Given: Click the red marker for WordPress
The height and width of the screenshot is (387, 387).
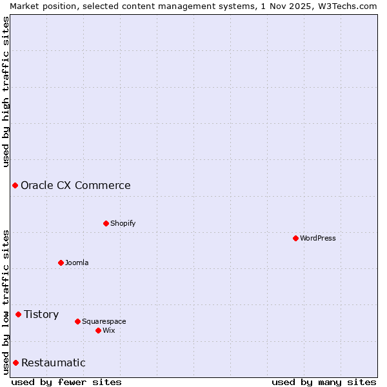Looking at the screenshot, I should point(295,238).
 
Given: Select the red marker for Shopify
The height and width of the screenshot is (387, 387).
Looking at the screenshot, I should point(106,223).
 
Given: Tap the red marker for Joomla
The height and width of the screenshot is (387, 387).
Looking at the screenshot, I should point(61,263).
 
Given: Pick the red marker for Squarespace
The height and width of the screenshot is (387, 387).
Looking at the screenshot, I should point(77,321).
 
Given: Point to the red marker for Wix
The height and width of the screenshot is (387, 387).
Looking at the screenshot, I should point(98,330).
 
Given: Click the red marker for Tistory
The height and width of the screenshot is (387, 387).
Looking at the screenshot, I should point(18,314).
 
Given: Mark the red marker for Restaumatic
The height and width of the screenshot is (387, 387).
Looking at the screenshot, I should point(15,362).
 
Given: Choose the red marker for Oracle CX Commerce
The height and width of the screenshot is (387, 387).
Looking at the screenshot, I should point(15,185).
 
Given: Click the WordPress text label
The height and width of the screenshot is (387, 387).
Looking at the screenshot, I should point(318,238).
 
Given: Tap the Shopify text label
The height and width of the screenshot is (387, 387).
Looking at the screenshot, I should point(123,223).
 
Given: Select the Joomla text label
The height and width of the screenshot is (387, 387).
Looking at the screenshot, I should point(77,263).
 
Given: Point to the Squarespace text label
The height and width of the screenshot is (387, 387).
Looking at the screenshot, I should point(104,321).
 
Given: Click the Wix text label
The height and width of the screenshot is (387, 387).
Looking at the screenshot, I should point(108,330).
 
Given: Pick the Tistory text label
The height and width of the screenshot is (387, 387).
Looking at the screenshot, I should point(41,314).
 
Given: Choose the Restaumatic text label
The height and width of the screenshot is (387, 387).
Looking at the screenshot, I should point(53,362).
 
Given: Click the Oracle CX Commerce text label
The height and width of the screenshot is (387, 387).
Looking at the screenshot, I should point(75,185).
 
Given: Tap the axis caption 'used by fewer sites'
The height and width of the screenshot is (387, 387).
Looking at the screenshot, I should point(66,382).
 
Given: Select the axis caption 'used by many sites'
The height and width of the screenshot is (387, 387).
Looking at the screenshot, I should point(324,382).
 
